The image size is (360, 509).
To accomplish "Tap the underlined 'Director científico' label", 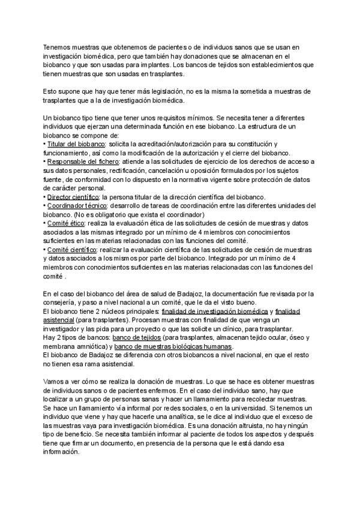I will pos(74,197).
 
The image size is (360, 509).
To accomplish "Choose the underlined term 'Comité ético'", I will pos(67,223).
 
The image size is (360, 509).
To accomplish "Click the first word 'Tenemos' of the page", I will pos(59,47).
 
